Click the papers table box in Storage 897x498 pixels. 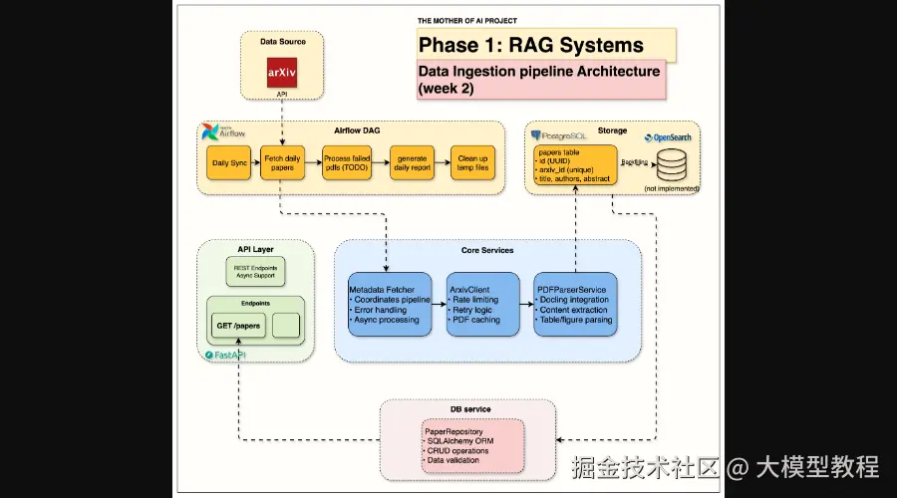(575, 165)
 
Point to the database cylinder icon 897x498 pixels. (672, 162)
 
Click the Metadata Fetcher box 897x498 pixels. (390, 303)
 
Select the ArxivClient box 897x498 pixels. (483, 303)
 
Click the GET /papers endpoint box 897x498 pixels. (238, 325)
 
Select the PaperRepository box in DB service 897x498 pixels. (472, 445)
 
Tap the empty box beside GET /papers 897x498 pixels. (285, 325)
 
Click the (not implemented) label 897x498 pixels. (672, 188)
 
